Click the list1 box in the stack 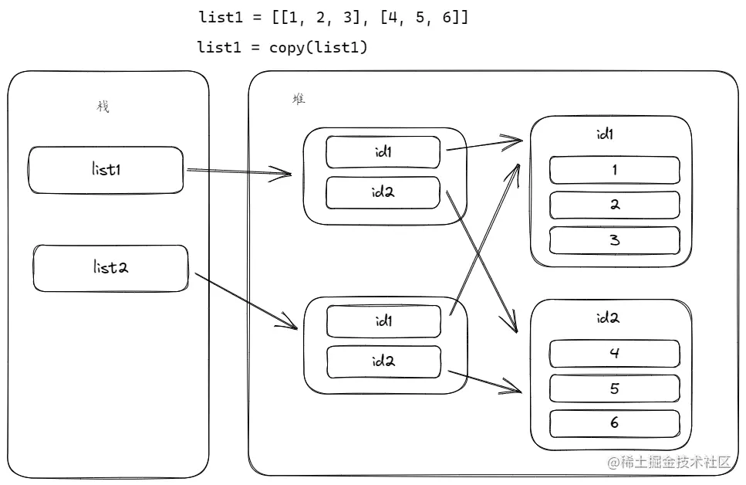pos(106,170)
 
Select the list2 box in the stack pos(110,268)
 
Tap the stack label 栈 pos(103,107)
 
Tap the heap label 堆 pos(299,99)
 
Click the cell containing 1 pos(614,170)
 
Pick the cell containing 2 pos(614,205)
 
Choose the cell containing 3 pos(614,240)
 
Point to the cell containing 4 pos(614,353)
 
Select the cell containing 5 pos(614,388)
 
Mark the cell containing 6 pos(614,423)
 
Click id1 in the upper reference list pos(383,152)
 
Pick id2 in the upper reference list pos(383,192)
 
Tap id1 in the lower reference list pos(383,321)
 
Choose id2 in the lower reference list pos(383,361)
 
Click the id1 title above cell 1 pos(606,134)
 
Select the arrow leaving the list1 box pos(239,171)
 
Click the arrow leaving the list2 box pos(247,302)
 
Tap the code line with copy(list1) pos(283,48)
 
